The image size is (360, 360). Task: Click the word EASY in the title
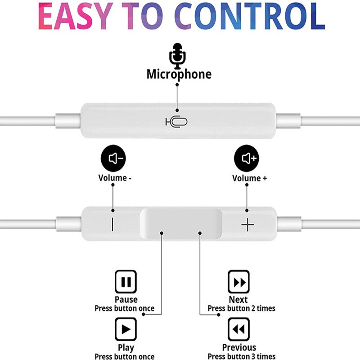tap(81, 18)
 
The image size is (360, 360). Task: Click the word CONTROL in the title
tap(249, 18)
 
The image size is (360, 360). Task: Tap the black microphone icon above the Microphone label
tap(177, 56)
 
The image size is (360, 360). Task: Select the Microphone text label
tap(179, 74)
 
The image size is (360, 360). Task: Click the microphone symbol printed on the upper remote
tap(176, 121)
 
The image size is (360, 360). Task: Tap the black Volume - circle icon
tap(112, 158)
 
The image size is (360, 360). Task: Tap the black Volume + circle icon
tap(247, 158)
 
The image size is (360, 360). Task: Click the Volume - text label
tap(115, 178)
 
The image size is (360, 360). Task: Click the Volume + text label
tap(249, 178)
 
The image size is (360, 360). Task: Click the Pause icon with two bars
tap(126, 282)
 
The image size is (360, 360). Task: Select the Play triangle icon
tap(126, 329)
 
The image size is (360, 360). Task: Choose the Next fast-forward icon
tap(238, 282)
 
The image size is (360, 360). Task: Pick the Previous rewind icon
tap(238, 329)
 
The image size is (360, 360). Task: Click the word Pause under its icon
tap(126, 300)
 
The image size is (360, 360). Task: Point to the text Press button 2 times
tap(241, 309)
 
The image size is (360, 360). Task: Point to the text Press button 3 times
tap(241, 356)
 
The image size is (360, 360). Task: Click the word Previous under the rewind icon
tap(239, 347)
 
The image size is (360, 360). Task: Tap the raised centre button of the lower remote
tap(181, 223)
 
